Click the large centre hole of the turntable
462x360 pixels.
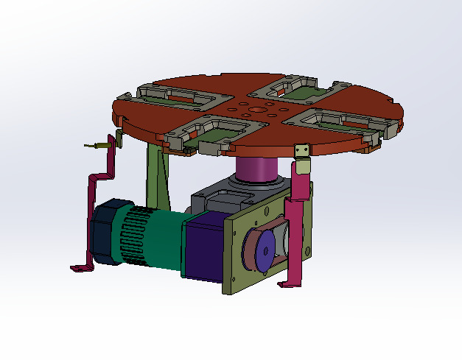click(x=256, y=110)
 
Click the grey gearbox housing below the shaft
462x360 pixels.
click(x=221, y=198)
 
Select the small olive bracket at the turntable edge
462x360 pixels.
click(x=301, y=150)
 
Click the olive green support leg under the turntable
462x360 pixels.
click(x=158, y=177)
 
